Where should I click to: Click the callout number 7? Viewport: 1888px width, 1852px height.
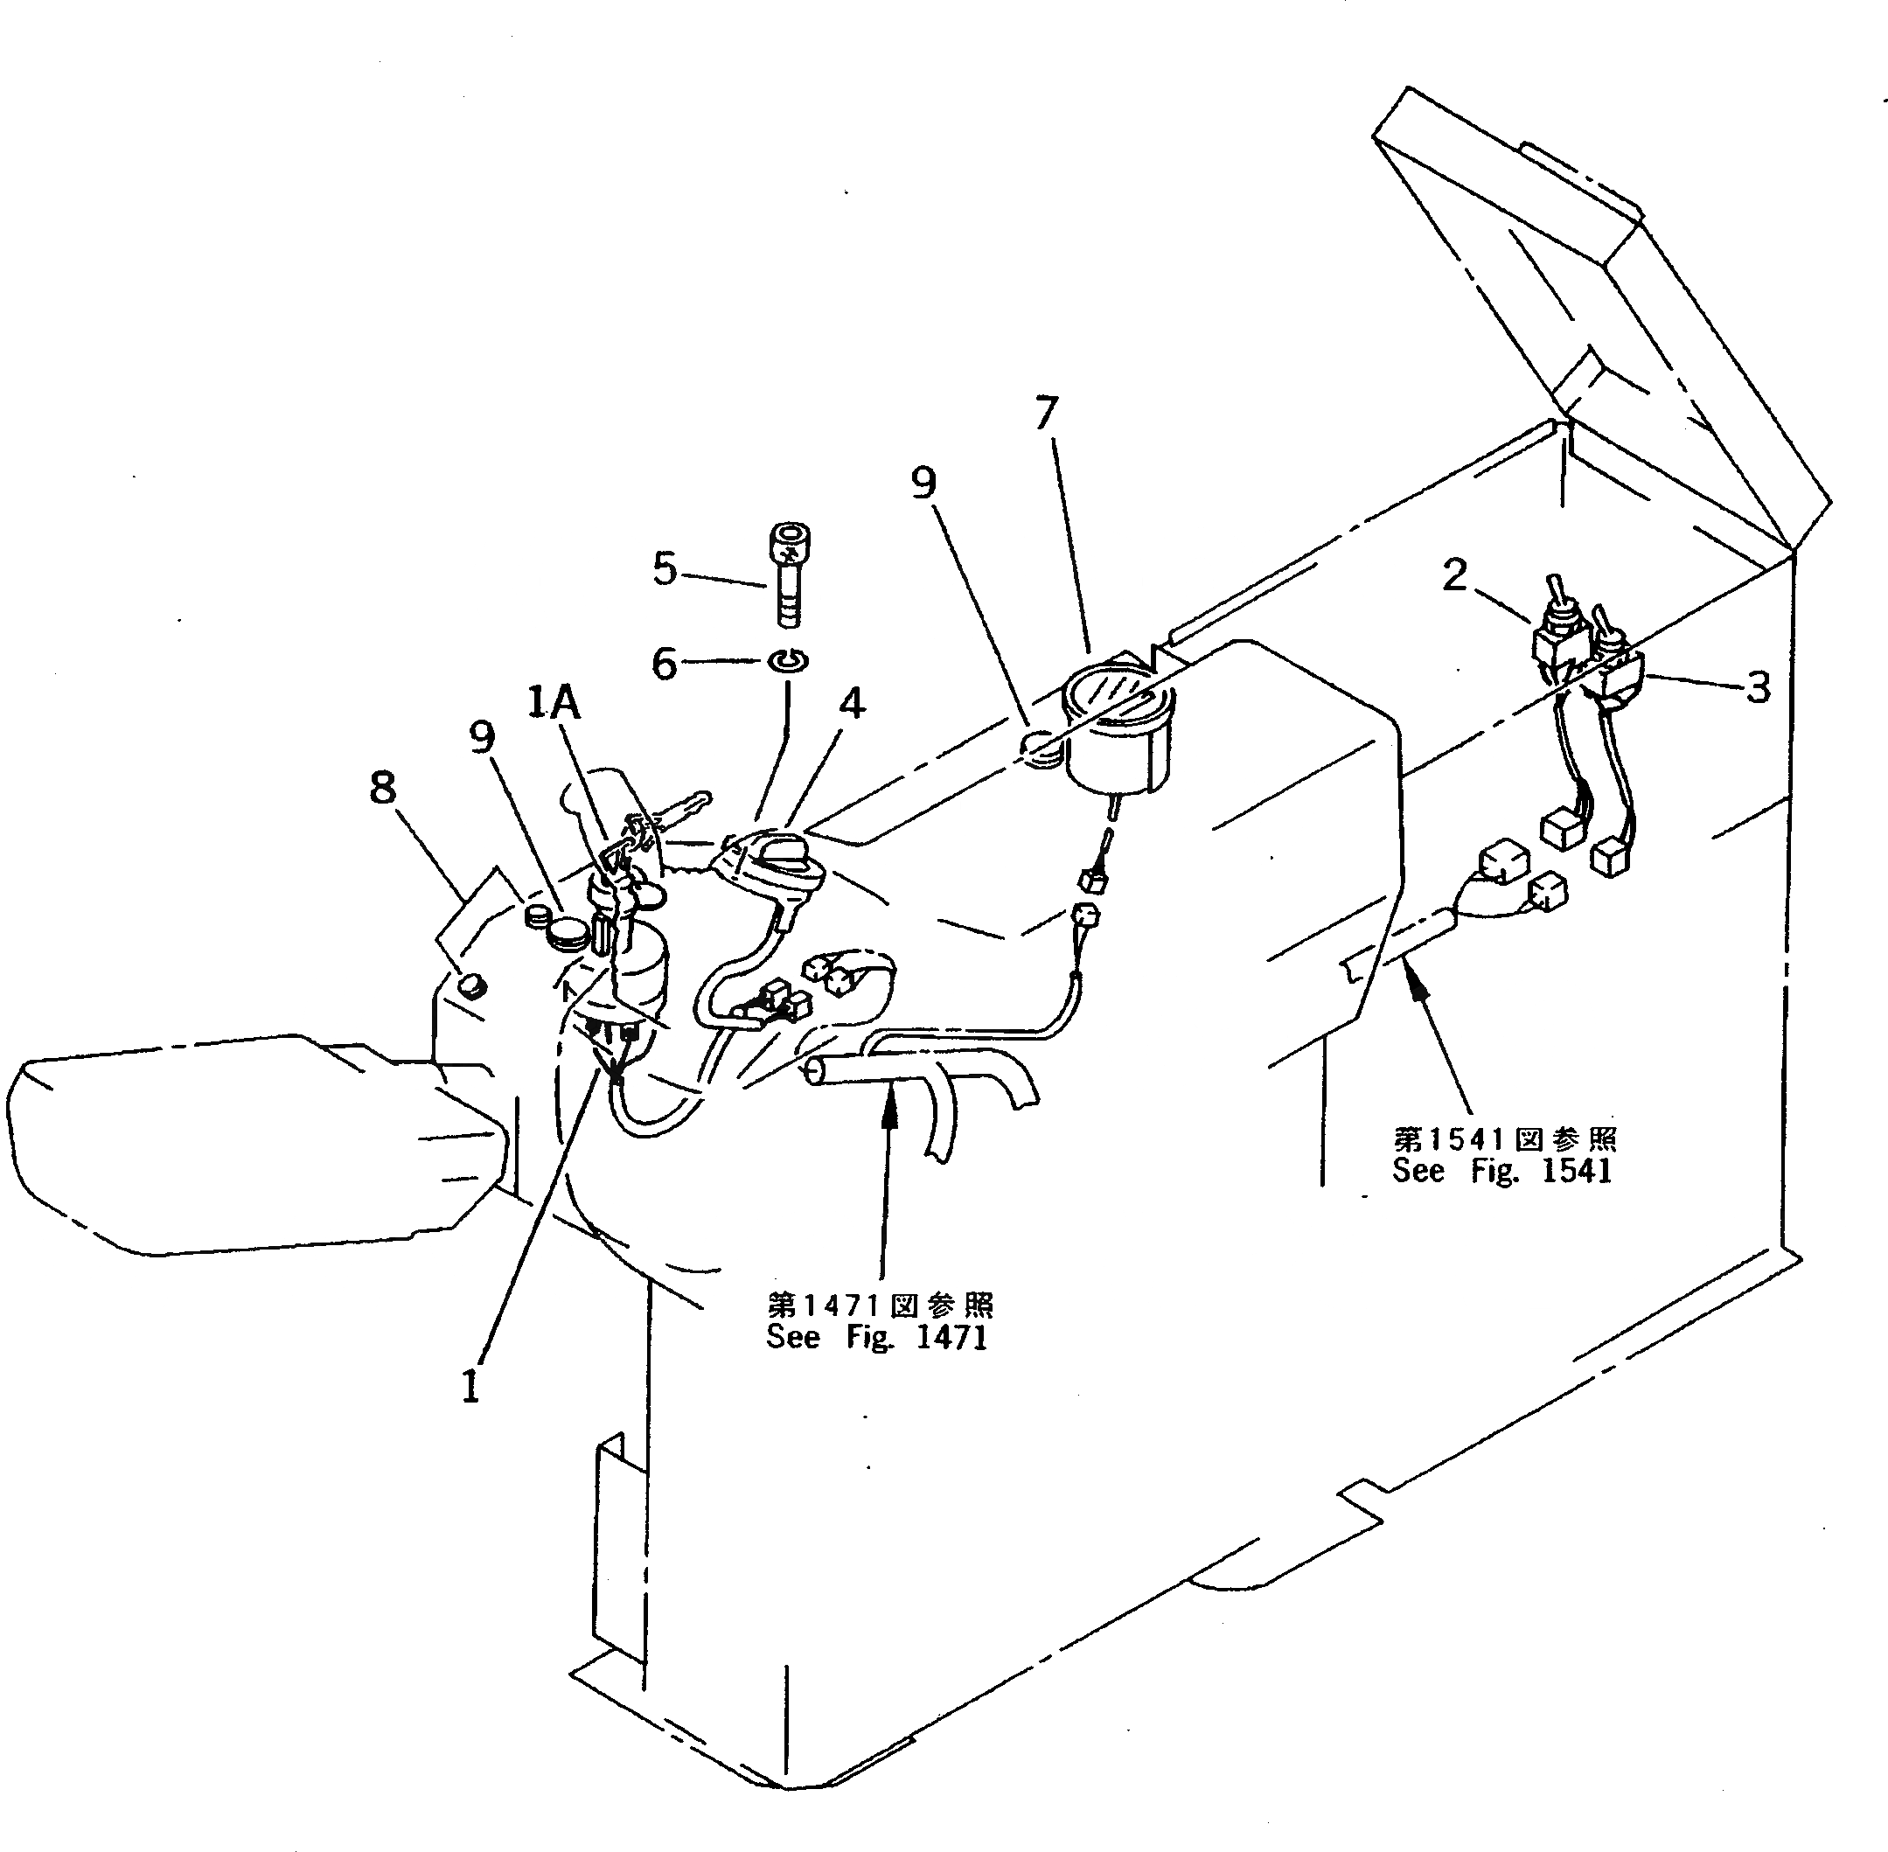point(1045,414)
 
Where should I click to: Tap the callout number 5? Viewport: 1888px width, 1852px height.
point(665,568)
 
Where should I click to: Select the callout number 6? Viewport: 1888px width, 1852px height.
point(665,664)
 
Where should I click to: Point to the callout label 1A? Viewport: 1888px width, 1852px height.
point(554,701)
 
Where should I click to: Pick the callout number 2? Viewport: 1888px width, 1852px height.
point(1453,576)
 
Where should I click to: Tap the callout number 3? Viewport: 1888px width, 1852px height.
point(1758,687)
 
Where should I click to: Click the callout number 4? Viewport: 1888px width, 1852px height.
point(852,702)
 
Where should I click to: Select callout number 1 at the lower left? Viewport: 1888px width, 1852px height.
point(470,1387)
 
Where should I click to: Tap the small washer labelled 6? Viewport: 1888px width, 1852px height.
point(788,661)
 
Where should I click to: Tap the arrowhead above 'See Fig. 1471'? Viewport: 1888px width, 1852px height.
point(886,1104)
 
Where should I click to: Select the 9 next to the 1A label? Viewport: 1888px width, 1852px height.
point(482,738)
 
